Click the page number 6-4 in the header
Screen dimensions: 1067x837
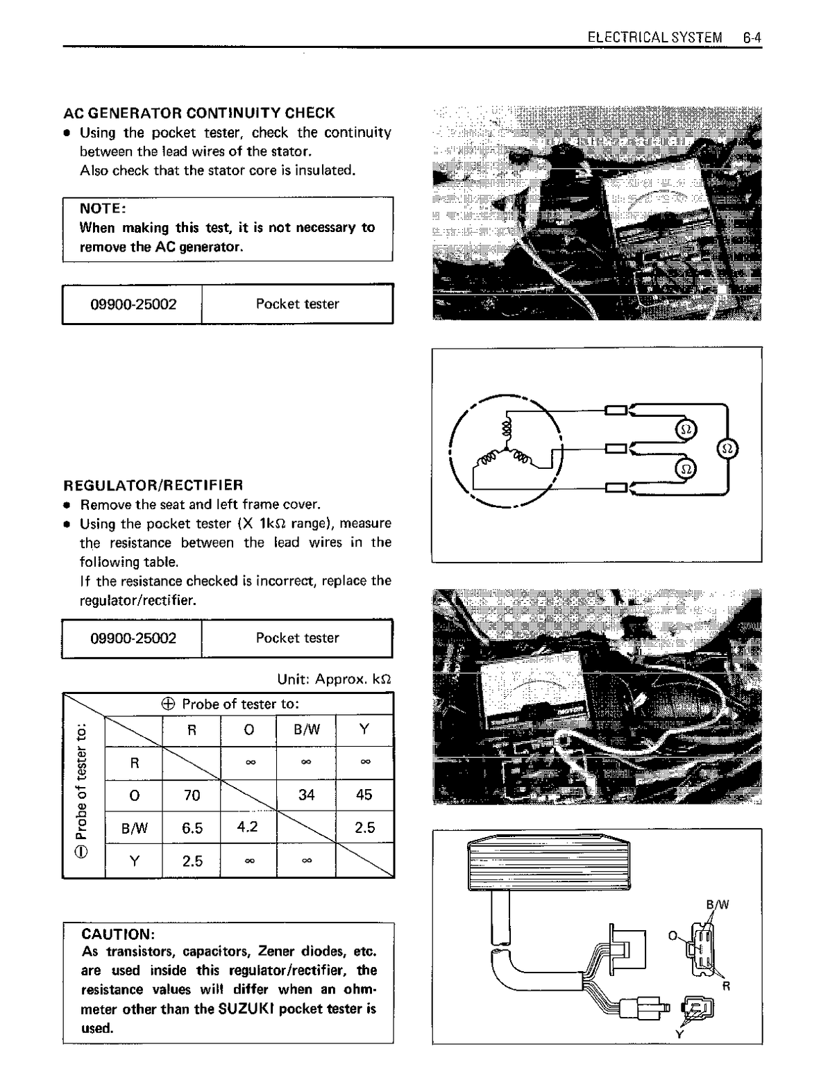[x=752, y=38]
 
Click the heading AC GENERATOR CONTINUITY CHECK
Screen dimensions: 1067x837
[x=199, y=113]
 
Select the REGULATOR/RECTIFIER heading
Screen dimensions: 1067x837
[x=153, y=485]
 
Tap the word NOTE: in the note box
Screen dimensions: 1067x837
[x=102, y=208]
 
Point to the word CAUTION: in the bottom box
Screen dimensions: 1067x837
[x=117, y=934]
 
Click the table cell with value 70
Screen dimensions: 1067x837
[x=192, y=795]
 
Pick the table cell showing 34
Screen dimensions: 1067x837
[x=306, y=795]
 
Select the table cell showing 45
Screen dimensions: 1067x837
[x=364, y=795]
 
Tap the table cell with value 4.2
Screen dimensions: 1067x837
[x=248, y=827]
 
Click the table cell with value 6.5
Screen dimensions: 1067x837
[x=192, y=827]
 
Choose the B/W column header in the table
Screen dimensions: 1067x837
[x=307, y=729]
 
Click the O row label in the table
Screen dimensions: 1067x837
[x=135, y=795]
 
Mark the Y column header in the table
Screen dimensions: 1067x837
[x=364, y=729]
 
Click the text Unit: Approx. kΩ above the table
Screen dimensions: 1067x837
[x=334, y=679]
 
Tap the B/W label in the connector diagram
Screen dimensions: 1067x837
[x=718, y=904]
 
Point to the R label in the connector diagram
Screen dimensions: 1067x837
[x=726, y=986]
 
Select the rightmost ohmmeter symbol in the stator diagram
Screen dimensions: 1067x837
[x=728, y=449]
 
